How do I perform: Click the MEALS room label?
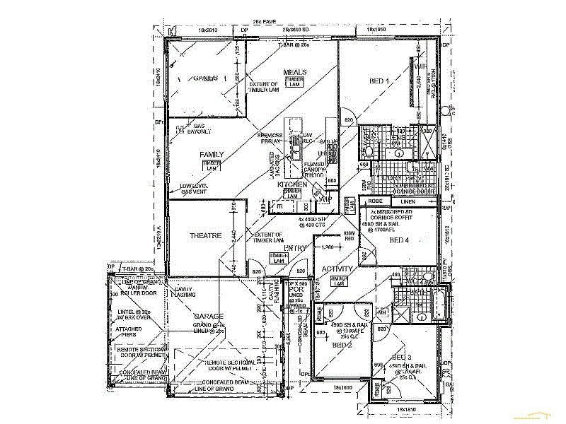(295, 72)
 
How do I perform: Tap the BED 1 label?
(379, 82)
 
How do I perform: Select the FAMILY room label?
(212, 155)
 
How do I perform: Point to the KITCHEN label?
(292, 184)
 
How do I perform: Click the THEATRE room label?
(206, 235)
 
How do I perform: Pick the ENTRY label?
(294, 248)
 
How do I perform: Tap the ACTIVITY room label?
(337, 269)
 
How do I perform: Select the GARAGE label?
(210, 316)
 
